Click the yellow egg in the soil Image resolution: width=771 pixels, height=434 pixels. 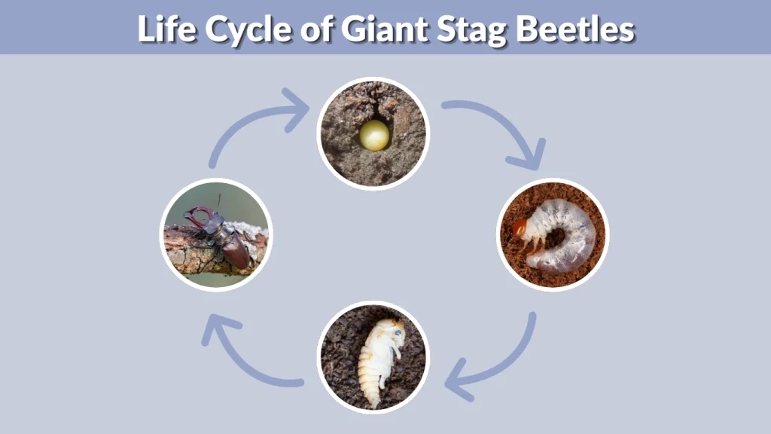pyautogui.click(x=374, y=136)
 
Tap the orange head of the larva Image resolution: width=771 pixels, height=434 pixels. pyautogui.click(x=520, y=227)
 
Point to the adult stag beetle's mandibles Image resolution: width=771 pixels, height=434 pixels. pyautogui.click(x=197, y=216)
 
